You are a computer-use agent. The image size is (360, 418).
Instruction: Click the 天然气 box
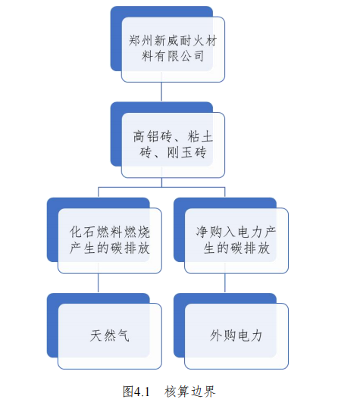(110, 335)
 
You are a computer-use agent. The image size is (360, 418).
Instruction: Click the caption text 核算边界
(190, 391)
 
